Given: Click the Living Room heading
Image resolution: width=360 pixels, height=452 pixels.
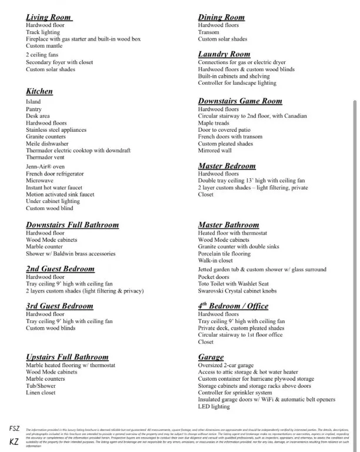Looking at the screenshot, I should (49, 18).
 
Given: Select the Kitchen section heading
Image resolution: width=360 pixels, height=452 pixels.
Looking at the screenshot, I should (39, 91).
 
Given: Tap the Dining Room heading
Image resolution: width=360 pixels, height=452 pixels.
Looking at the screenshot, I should (221, 18).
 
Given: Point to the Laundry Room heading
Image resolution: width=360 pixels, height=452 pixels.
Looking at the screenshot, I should (224, 54).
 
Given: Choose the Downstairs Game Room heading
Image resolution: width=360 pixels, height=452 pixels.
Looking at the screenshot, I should (240, 101).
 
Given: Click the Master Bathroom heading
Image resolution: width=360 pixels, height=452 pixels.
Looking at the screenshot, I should (228, 225).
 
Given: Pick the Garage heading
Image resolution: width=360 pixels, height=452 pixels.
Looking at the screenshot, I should (211, 357).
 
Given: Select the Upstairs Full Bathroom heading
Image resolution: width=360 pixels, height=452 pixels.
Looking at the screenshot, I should (67, 357).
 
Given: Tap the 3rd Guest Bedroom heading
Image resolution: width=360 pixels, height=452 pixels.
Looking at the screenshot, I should (59, 306).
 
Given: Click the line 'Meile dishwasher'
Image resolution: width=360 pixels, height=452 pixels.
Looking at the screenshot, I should (47, 144).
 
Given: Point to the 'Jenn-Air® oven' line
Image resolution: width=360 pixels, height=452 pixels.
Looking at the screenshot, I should (45, 167).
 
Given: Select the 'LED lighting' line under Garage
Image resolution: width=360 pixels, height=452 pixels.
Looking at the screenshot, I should (214, 407).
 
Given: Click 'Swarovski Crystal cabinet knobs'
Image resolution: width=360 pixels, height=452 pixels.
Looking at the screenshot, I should (238, 291).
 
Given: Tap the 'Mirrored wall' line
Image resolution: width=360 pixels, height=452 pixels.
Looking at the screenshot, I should (215, 151).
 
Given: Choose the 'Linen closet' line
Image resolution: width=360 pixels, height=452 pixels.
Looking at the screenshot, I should (41, 393).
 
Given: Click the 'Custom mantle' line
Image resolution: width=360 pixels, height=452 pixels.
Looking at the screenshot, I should (44, 46).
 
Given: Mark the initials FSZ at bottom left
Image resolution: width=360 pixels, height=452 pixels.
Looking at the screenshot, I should (15, 428).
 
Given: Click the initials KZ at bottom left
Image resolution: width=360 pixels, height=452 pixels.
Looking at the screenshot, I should (15, 441).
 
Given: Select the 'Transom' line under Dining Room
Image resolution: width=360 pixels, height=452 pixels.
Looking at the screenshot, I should (208, 32).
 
